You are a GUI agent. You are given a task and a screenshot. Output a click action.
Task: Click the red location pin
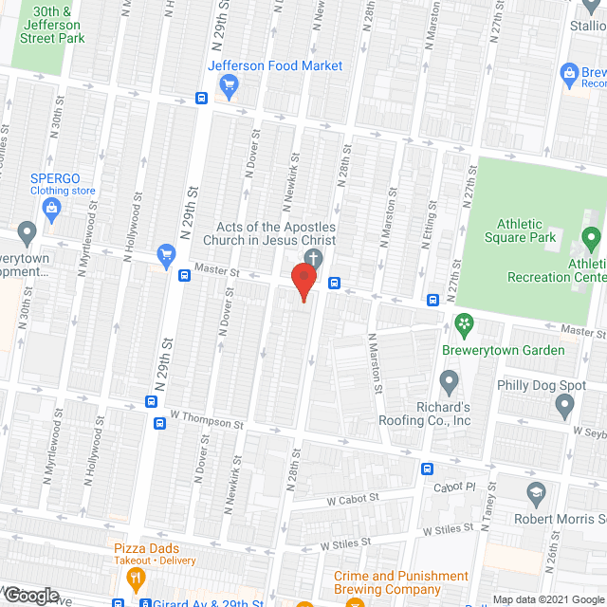click(303, 282)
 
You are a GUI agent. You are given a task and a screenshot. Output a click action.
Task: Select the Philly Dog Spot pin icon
click(565, 406)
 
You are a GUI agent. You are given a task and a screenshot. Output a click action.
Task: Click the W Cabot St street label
click(353, 497)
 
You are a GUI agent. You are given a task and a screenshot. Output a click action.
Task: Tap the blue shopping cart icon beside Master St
click(167, 253)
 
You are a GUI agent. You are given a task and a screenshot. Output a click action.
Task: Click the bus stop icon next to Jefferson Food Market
click(202, 98)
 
